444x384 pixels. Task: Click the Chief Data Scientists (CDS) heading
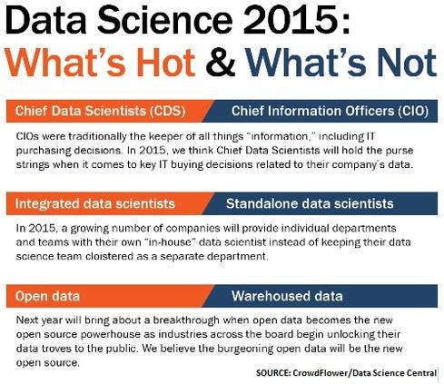point(101,112)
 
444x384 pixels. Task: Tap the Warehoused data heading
point(287,296)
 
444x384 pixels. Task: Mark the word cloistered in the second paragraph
point(112,257)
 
